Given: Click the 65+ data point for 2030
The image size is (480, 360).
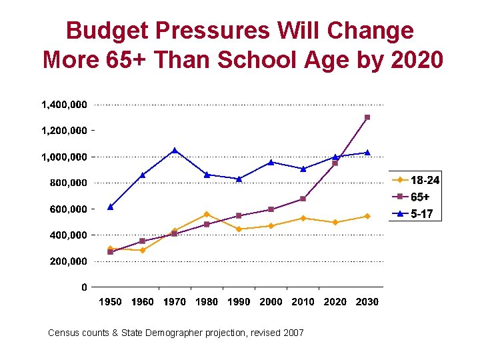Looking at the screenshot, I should (x=367, y=117).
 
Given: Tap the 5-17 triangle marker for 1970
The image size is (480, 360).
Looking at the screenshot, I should (x=175, y=151).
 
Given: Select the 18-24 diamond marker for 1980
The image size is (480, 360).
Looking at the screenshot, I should (x=207, y=214).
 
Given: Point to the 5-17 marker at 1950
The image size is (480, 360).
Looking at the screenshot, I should (x=111, y=207).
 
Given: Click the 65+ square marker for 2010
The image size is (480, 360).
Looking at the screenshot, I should (x=303, y=199).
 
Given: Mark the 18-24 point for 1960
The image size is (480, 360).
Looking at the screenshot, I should (x=143, y=250).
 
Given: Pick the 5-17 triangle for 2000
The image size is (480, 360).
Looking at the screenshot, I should (x=271, y=162).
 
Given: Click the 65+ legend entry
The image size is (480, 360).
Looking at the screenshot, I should (x=420, y=197).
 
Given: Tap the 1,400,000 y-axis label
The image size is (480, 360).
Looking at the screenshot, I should (x=64, y=105).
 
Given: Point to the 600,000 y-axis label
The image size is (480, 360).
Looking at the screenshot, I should (x=69, y=209).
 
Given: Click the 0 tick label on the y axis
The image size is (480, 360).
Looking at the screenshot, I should (x=83, y=287).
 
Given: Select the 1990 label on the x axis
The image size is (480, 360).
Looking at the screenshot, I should (x=239, y=302).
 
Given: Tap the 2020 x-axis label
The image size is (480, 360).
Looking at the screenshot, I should (x=335, y=302).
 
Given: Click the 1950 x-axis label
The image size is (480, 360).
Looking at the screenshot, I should (x=111, y=302).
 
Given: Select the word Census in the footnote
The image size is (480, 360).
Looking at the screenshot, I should (x=65, y=332).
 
